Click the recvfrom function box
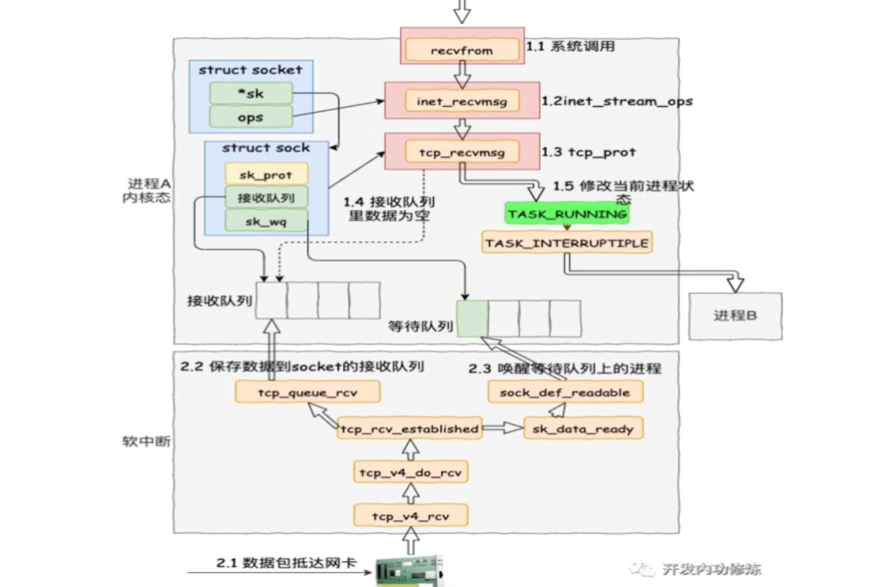coord(462,50)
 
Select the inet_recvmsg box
coord(462,101)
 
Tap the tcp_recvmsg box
coord(462,152)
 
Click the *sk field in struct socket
coord(251,94)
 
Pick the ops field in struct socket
coord(251,117)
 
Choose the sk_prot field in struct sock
coord(266,175)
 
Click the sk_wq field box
coord(266,221)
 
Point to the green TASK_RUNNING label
coord(567,214)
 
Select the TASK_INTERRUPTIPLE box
coord(567,243)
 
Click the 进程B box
coord(735,316)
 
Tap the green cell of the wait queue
coord(472,319)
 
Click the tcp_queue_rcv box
coord(307,393)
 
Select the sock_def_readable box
coord(565,393)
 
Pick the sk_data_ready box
coord(583,429)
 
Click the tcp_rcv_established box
coord(410,429)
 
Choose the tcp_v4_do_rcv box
coord(410,473)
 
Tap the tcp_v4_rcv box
coord(410,516)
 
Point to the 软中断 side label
coord(146,441)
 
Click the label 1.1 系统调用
coord(570,47)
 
